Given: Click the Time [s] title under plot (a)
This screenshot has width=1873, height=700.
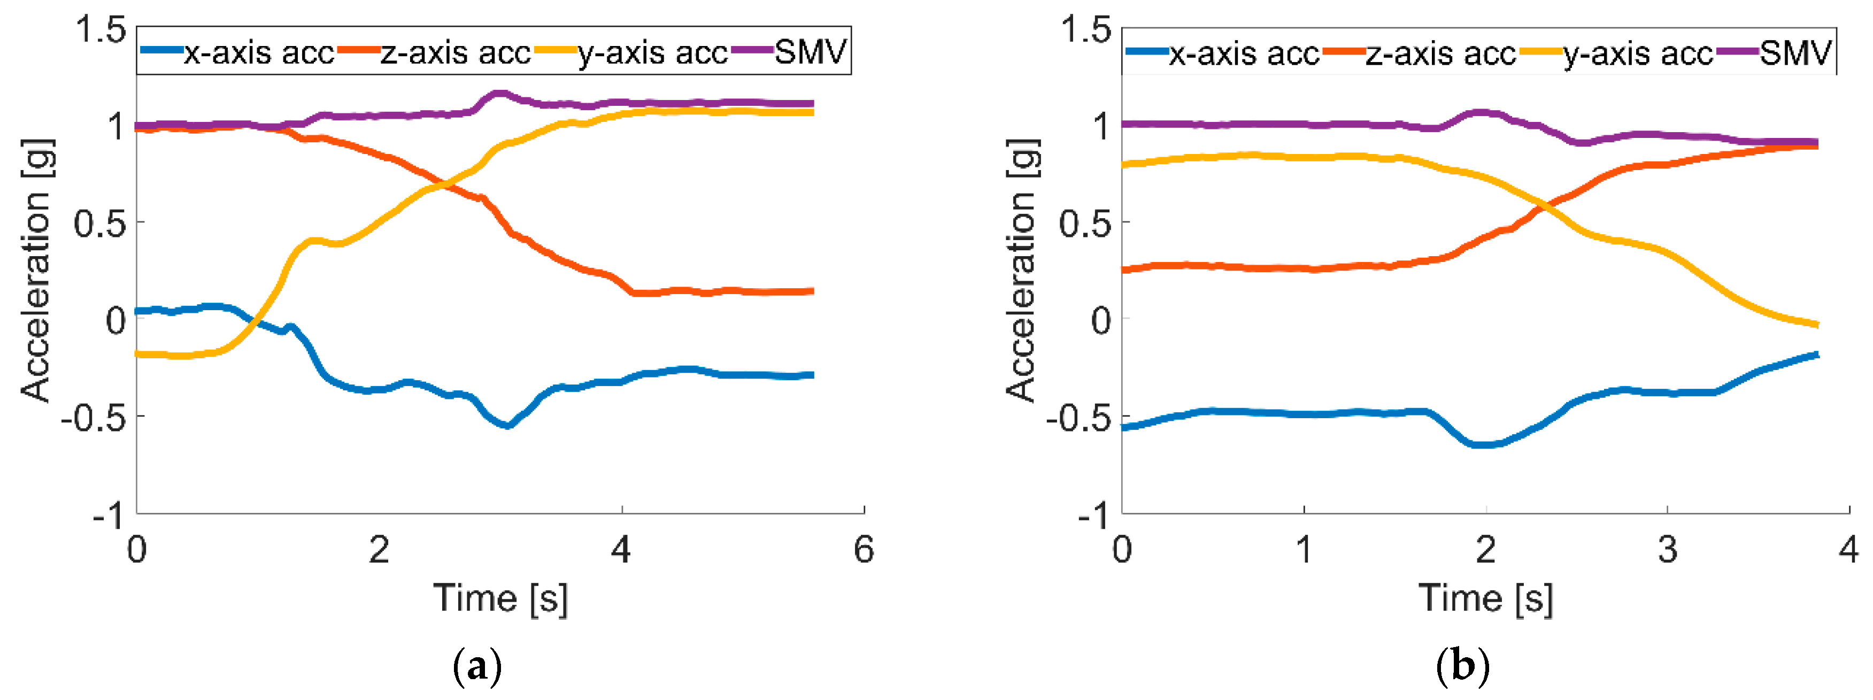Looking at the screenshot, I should point(500,598).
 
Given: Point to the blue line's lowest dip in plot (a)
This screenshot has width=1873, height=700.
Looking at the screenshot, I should point(507,425).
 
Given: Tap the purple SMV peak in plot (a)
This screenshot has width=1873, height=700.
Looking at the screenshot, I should point(499,94).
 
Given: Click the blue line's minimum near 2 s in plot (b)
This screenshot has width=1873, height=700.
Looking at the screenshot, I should point(1483,444).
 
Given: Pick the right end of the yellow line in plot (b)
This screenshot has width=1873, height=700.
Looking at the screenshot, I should point(1816,324).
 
